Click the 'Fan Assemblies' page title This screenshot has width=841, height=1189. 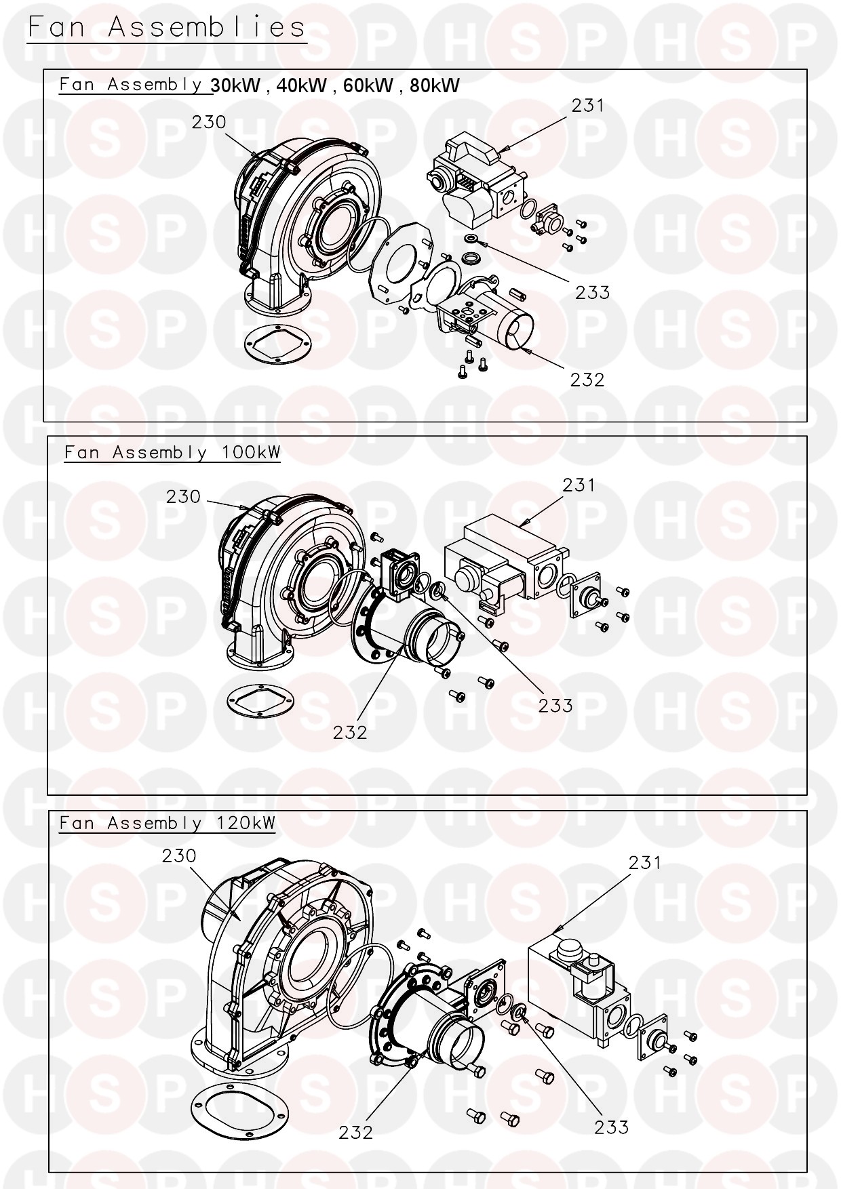[x=167, y=27]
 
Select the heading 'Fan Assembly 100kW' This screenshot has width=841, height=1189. [x=172, y=452]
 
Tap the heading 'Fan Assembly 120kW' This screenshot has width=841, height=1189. [x=168, y=823]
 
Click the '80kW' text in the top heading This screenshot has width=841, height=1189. [x=435, y=85]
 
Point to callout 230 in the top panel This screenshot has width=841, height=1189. [x=209, y=122]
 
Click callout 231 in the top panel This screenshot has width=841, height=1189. [x=587, y=106]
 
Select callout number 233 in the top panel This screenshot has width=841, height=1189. [x=593, y=292]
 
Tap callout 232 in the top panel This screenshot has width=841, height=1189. [x=587, y=380]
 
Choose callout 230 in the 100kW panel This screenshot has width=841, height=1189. [x=183, y=497]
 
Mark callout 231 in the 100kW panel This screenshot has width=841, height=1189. [x=579, y=485]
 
